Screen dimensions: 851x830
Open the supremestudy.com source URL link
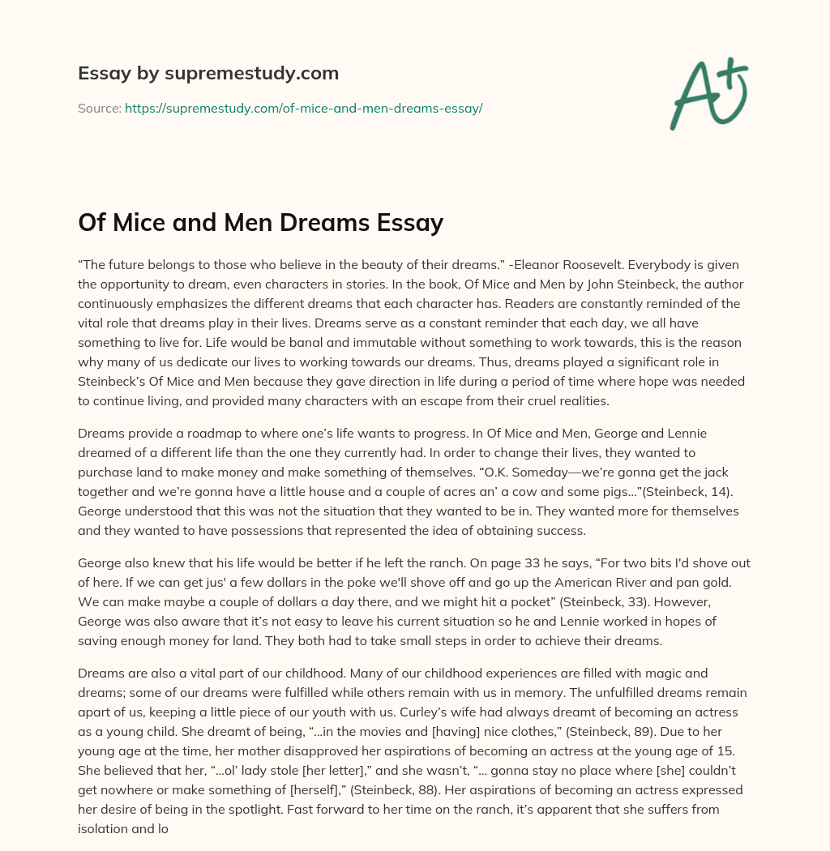(303, 108)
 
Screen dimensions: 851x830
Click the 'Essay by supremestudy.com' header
(207, 73)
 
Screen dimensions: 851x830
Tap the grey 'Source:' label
(100, 108)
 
